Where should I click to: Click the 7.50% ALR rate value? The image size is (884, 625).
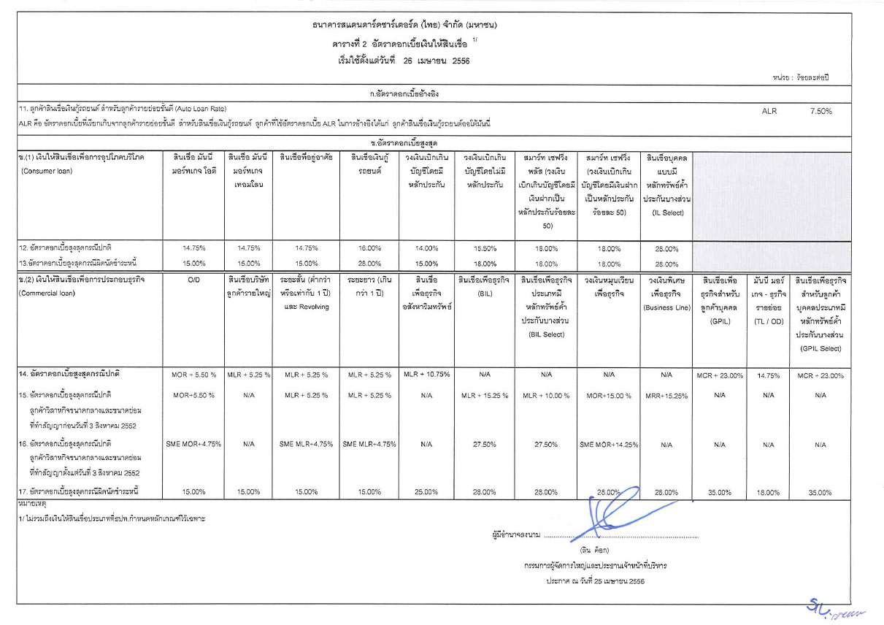pos(820,111)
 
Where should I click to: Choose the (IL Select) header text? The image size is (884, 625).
pos(666,212)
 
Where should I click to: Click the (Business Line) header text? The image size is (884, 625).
pos(666,307)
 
